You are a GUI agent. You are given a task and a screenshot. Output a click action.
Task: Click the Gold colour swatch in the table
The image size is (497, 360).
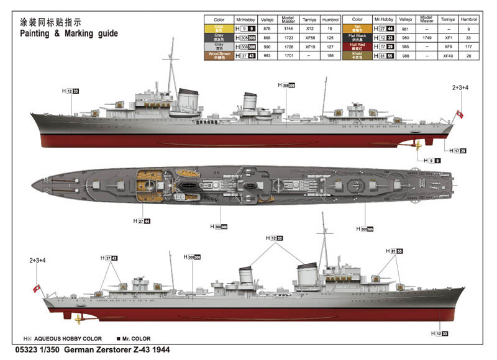(x=219, y=29)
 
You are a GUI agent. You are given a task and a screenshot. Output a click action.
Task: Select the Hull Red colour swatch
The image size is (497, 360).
(x=357, y=46)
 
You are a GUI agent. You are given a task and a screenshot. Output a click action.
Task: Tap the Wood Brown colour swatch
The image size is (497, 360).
(x=219, y=55)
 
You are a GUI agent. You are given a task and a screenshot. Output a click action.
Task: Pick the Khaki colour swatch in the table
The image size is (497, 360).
(x=357, y=55)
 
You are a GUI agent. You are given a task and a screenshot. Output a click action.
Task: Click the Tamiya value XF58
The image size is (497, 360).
(x=309, y=37)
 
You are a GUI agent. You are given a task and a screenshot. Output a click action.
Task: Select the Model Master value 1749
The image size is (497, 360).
(x=426, y=37)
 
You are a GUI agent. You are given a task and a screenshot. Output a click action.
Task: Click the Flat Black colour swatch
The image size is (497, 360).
(x=357, y=37)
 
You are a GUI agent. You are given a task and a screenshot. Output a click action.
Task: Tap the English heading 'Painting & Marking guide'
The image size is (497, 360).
(x=69, y=33)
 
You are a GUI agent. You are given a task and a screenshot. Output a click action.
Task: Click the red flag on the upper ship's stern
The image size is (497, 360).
(x=460, y=114)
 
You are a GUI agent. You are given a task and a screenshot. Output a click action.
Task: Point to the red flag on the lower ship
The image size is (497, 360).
(x=38, y=288)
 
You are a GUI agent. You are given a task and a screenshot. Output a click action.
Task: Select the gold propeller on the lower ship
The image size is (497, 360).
(x=78, y=320)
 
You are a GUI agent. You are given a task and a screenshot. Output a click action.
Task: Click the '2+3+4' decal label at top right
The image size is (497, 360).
(x=460, y=88)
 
